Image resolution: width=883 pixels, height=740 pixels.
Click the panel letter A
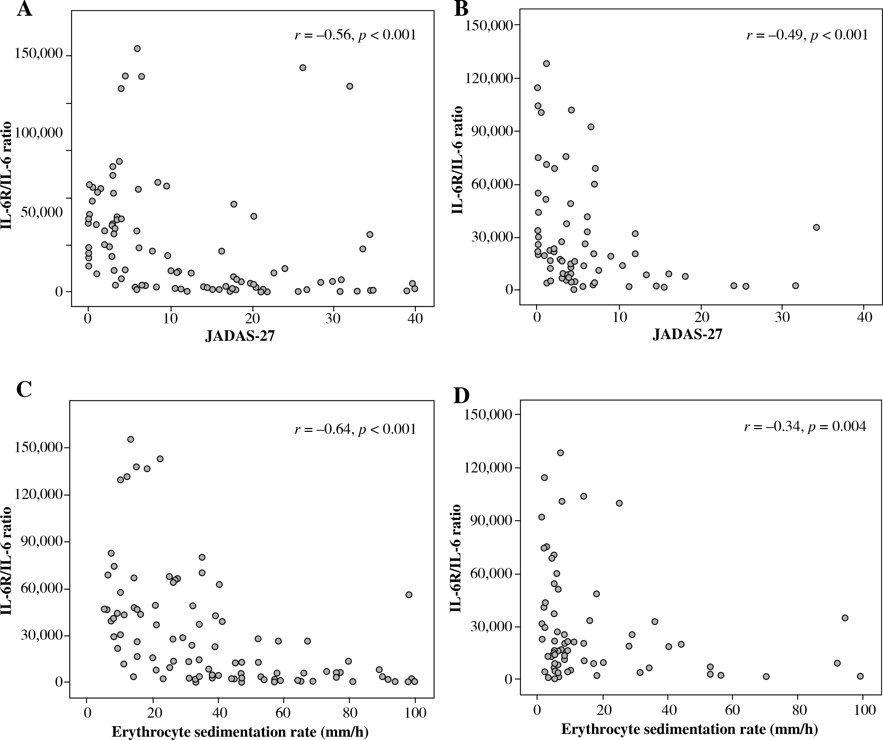coord(24,9)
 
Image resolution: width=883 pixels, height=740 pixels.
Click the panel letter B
coord(462,9)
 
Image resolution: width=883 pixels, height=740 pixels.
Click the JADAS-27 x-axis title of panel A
coord(240,336)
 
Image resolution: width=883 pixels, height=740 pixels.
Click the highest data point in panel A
coord(137,48)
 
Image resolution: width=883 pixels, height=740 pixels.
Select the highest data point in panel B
coord(547,64)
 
